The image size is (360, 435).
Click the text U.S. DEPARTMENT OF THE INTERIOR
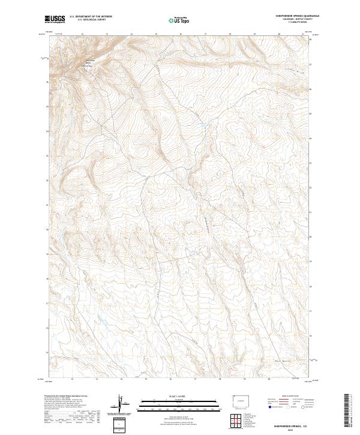(x=91, y=17)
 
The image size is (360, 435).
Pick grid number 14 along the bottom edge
(x=121, y=379)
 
